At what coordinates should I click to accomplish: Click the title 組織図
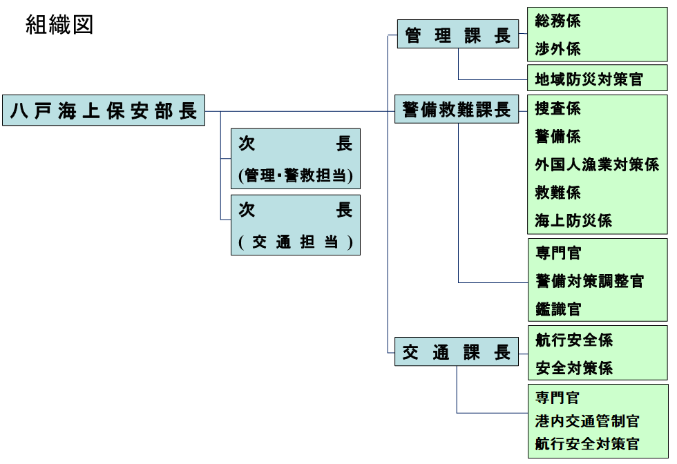pos(59,25)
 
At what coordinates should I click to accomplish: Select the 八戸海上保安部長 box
pos(104,110)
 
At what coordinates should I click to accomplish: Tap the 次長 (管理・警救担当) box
pos(296,159)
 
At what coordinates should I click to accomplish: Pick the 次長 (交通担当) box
pos(296,225)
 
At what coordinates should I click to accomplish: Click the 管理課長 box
pos(457,35)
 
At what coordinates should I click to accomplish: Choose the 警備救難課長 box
pos(457,109)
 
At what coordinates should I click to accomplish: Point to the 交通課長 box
pos(457,353)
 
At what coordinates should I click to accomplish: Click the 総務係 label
pos(558,21)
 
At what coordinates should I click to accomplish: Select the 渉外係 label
pos(558,49)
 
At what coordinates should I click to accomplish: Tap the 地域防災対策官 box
pos(589,79)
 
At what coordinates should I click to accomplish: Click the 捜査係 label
pos(558,108)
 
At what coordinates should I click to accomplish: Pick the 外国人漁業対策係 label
pos(597,164)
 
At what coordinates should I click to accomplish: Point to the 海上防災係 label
pos(573,221)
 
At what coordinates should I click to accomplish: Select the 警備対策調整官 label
pos(589,281)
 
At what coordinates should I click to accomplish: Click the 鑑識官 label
pos(558,309)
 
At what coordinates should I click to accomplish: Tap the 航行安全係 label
pos(574,340)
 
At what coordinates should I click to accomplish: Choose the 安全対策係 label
pos(574,368)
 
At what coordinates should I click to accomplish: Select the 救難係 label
pos(558,193)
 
